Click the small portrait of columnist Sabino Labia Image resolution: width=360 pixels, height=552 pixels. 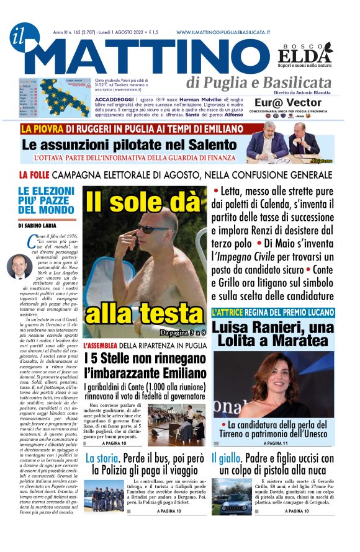(x=19, y=266)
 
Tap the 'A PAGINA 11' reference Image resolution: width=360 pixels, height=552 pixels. (x=276, y=443)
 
